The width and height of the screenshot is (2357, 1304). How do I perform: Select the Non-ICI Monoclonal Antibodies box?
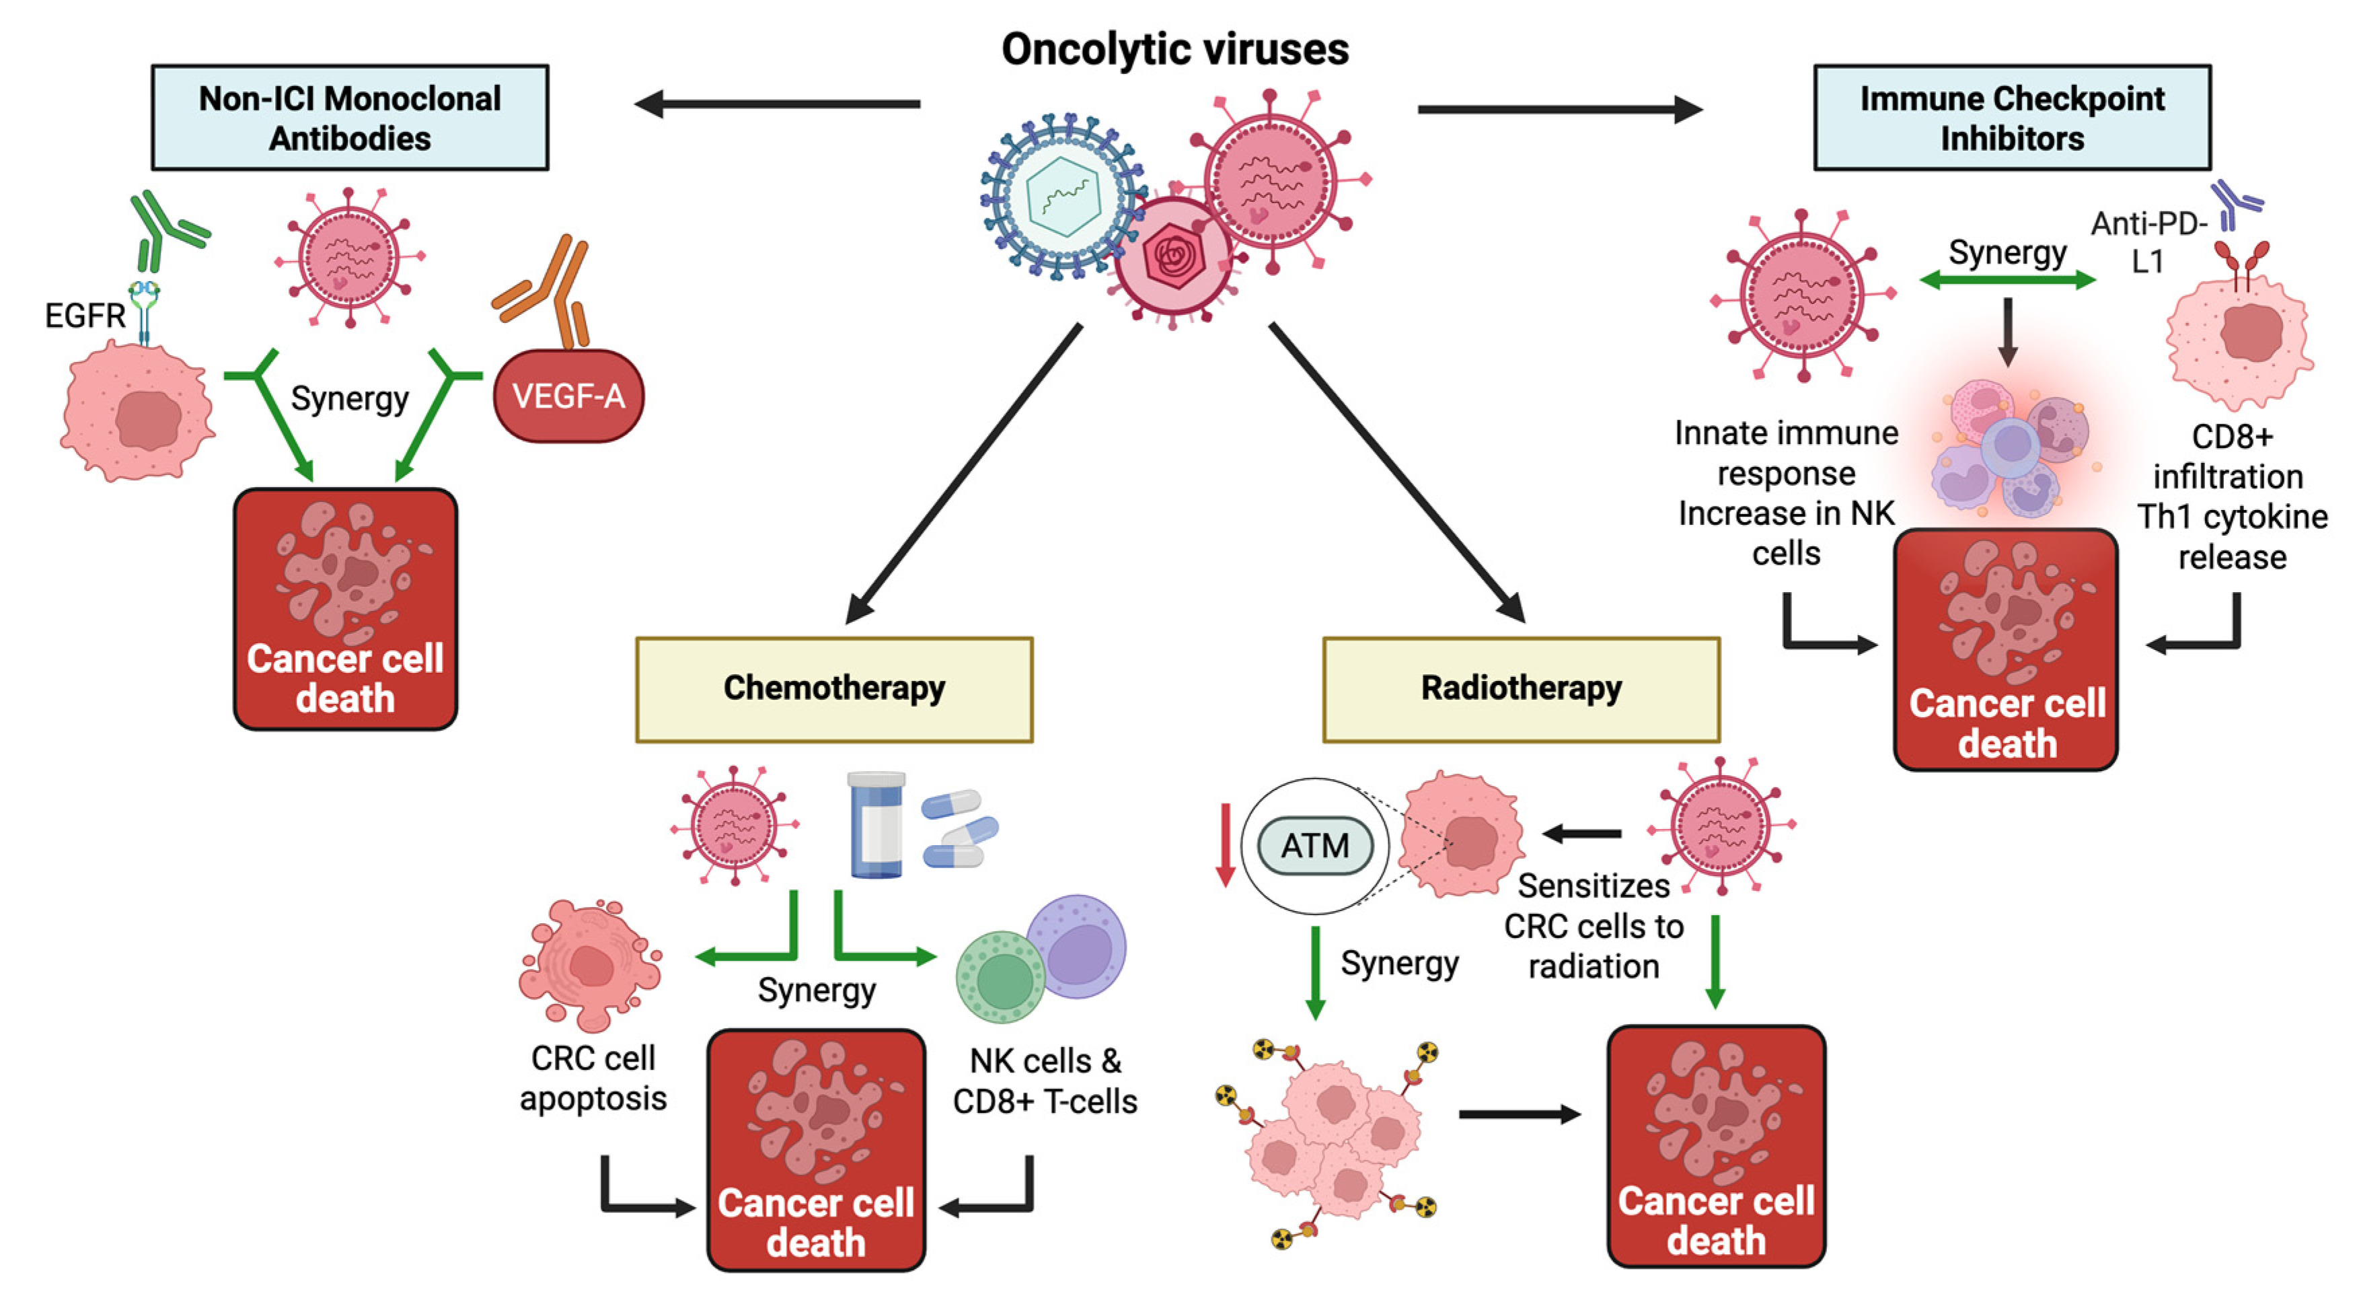pos(350,117)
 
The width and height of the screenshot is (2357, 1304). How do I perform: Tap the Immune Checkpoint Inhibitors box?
pos(2012,117)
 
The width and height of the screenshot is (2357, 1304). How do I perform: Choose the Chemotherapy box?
pos(833,689)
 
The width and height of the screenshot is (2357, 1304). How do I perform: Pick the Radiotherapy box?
pos(1521,689)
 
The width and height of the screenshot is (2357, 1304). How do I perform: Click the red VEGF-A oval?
pos(568,396)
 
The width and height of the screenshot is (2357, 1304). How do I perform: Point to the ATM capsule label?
pos(1315,846)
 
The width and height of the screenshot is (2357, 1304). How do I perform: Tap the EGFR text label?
pos(84,316)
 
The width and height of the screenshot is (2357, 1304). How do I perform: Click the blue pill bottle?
pos(876,826)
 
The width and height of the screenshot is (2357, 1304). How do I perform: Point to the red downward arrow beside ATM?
pos(1225,846)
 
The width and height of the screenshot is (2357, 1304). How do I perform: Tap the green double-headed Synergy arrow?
pos(2007,280)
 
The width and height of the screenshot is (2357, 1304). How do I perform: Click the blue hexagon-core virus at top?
pos(1061,196)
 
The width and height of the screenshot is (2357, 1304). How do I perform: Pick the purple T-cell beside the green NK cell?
pos(1077,947)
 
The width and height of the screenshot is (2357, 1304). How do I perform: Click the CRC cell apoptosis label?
pos(593,1078)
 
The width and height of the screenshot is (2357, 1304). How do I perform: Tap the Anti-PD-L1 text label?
pos(2148,242)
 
